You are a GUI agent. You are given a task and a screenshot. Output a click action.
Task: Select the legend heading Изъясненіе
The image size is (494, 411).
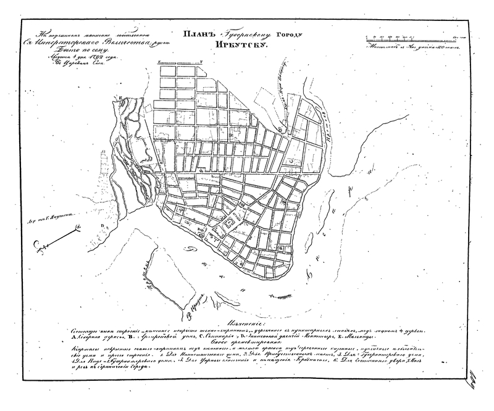point(246,322)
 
